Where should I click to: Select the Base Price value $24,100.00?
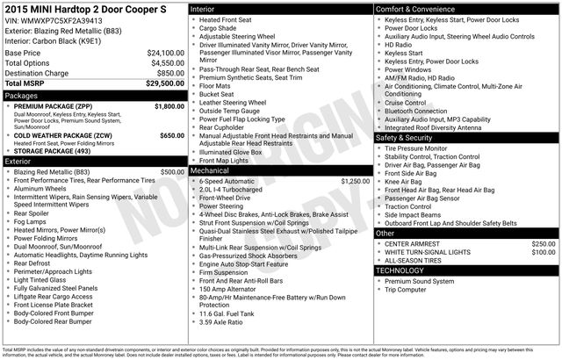165,53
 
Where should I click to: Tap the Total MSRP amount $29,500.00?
165,83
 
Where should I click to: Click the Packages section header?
21,95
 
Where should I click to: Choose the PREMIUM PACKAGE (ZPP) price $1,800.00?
169,105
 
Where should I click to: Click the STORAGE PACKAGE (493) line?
54,152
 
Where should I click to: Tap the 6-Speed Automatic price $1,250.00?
355,181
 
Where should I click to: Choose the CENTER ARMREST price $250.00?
544,243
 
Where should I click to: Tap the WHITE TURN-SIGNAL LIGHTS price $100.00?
544,252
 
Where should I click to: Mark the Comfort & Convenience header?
416,9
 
